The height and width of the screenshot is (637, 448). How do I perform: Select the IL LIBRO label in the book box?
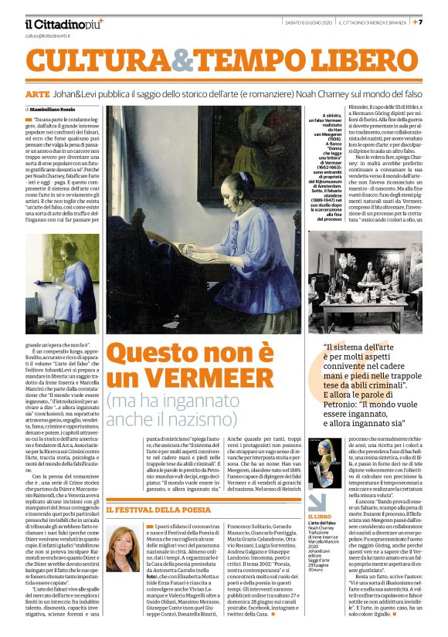point(321,516)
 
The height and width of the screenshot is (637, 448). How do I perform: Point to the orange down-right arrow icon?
point(317,501)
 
